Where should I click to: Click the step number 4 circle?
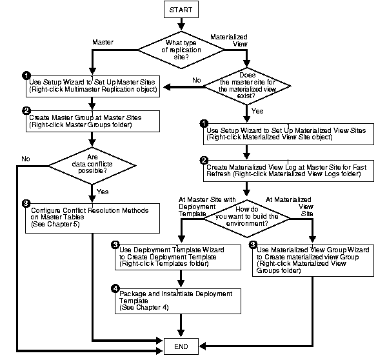click(x=115, y=288)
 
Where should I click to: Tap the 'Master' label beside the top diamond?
click(x=103, y=43)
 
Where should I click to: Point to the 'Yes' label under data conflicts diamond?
click(x=108, y=192)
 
